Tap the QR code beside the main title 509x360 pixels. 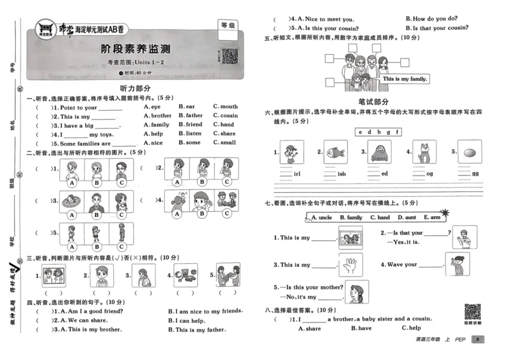coord(229,56)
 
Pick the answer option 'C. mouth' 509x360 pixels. coord(225,107)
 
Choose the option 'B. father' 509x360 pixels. coord(190,116)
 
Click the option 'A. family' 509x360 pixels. coord(157,125)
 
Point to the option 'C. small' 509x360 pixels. coord(224,142)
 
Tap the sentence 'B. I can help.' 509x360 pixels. coord(189,320)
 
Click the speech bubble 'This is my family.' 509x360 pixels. coord(405,78)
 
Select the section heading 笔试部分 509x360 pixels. coord(374,101)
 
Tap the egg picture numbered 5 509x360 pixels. coord(470,153)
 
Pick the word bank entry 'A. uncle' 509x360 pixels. coord(322,218)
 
